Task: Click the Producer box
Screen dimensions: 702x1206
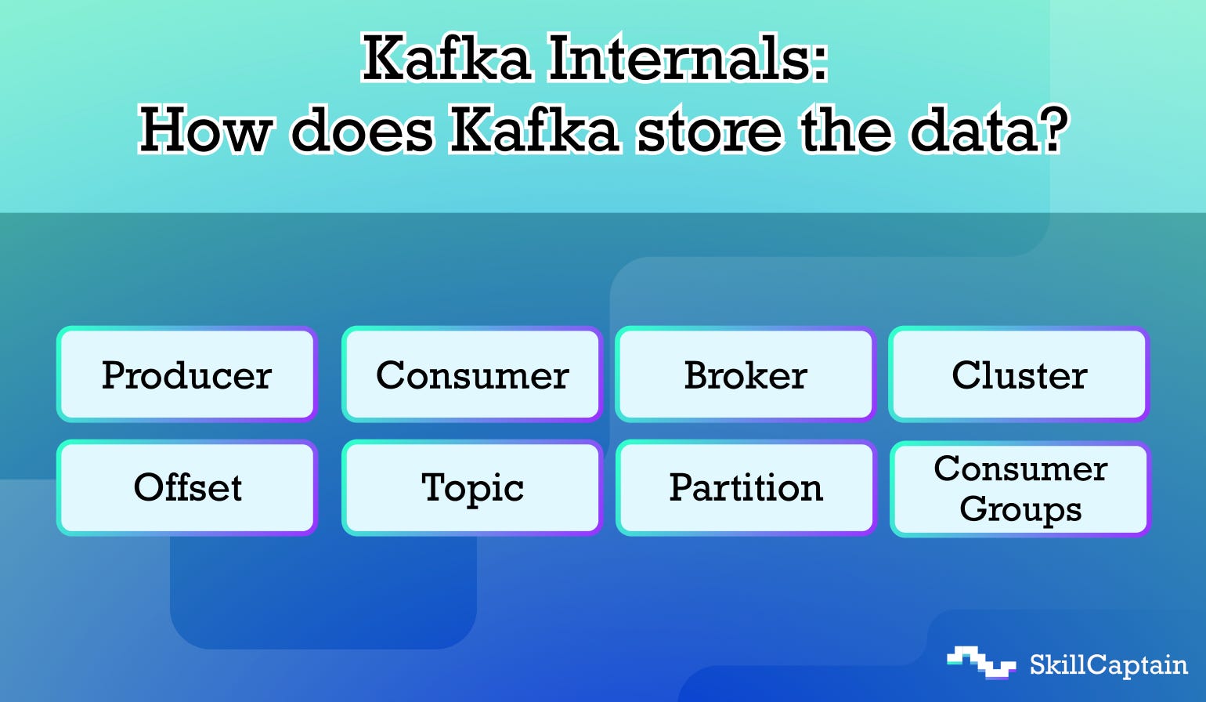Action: tap(186, 375)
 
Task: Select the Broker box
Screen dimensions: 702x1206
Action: tap(745, 375)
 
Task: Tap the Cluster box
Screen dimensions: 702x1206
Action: tap(1019, 375)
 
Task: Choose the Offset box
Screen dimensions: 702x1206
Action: tap(186, 487)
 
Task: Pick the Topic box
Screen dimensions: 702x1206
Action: tap(471, 487)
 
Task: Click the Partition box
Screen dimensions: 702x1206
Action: tap(745, 487)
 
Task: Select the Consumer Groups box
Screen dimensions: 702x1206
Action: tap(1019, 489)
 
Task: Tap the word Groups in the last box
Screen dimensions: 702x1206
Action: tap(1020, 509)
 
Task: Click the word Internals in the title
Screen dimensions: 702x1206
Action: tap(678, 60)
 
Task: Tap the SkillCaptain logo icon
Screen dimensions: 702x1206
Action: tap(980, 662)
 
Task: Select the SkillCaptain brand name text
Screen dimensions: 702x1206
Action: tap(1108, 665)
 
